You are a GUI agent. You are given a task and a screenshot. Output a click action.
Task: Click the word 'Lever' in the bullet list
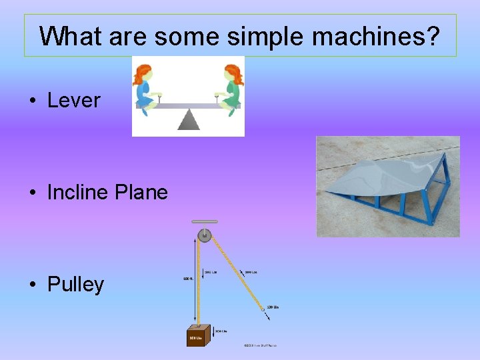pos(73,101)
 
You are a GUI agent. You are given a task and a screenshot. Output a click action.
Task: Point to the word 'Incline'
pos(79,193)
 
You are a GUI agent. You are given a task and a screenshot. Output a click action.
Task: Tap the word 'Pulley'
pos(75,285)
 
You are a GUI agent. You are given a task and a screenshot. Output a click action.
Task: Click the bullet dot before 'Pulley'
pos(32,285)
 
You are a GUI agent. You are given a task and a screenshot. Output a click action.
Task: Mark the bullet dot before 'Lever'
pos(32,101)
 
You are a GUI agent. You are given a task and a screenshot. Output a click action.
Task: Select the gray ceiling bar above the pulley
pos(204,222)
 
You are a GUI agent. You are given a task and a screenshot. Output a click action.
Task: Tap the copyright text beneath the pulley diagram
pos(260,345)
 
